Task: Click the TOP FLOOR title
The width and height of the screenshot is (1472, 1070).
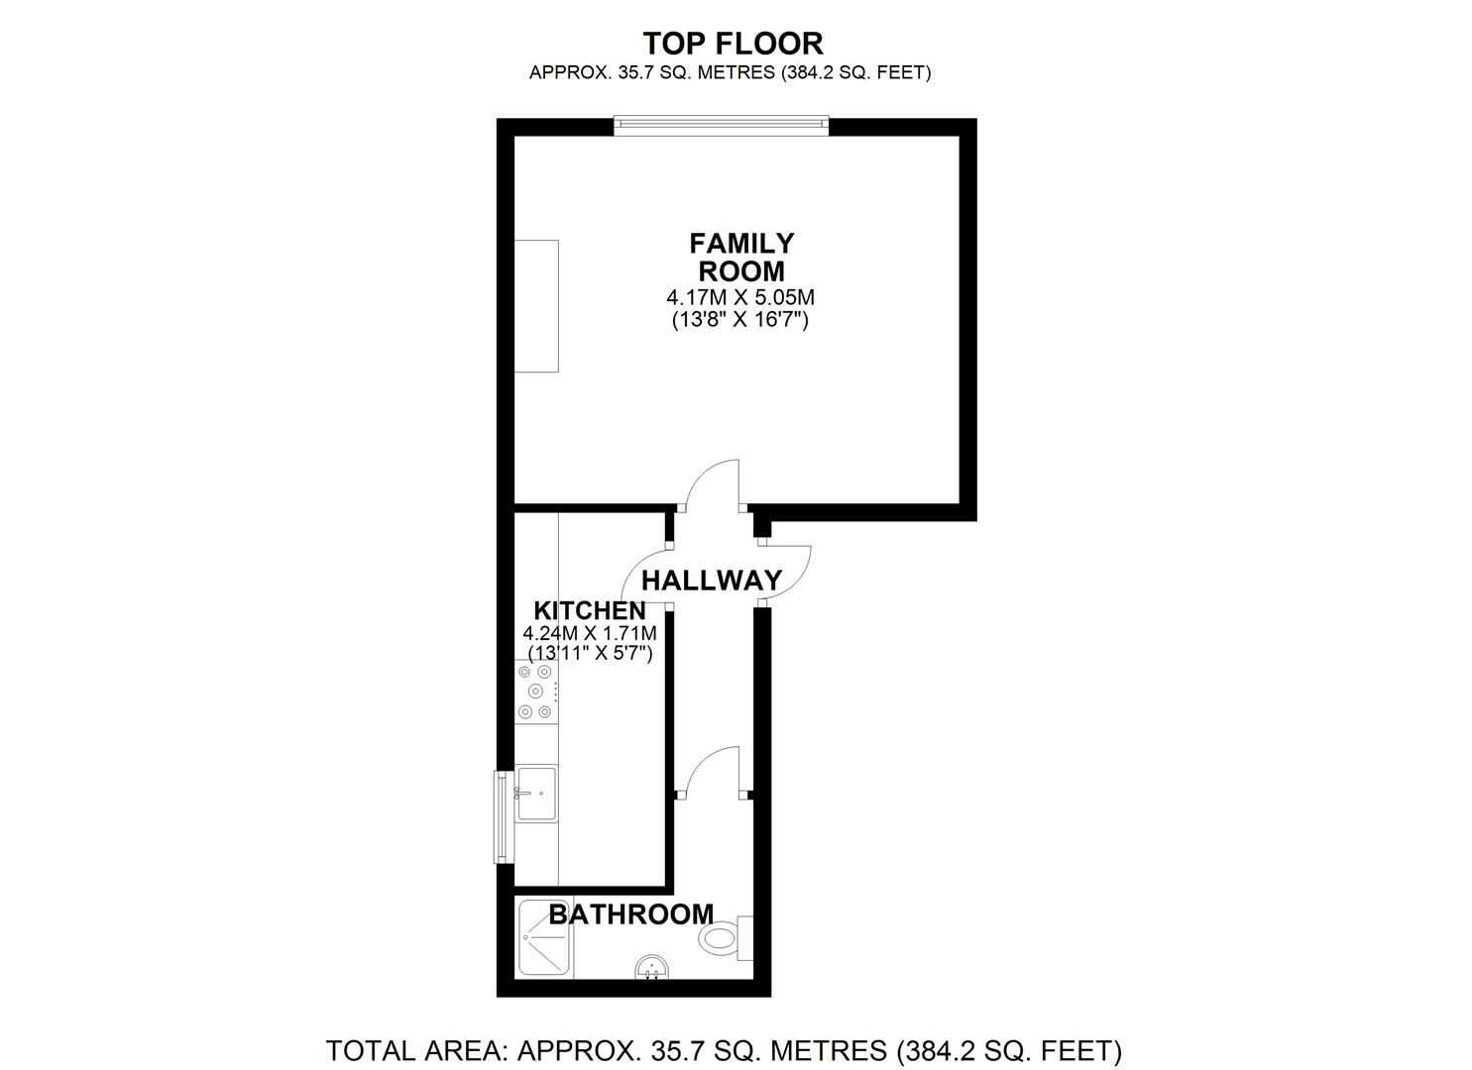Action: pos(733,44)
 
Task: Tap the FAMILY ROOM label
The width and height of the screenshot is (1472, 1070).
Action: pos(741,257)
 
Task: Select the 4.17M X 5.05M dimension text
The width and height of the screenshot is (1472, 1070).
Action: pos(740,296)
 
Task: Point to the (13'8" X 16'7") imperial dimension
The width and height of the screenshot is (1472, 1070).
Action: pos(740,320)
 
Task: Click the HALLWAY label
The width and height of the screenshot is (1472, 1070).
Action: pos(712,580)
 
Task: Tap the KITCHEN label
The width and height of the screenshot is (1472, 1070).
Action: pos(590,610)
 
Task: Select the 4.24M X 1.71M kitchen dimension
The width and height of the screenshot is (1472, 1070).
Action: pos(591,632)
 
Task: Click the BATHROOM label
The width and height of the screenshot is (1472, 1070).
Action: pos(630,913)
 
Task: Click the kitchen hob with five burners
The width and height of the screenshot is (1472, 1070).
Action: pos(536,692)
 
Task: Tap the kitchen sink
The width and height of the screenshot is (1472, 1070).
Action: pos(536,793)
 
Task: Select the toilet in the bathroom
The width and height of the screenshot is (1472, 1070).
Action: pos(724,937)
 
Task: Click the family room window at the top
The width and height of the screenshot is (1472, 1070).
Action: pos(720,124)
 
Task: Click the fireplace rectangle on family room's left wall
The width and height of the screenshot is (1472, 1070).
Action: pos(535,306)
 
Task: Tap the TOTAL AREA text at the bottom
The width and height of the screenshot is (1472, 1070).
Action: pos(724,1049)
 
